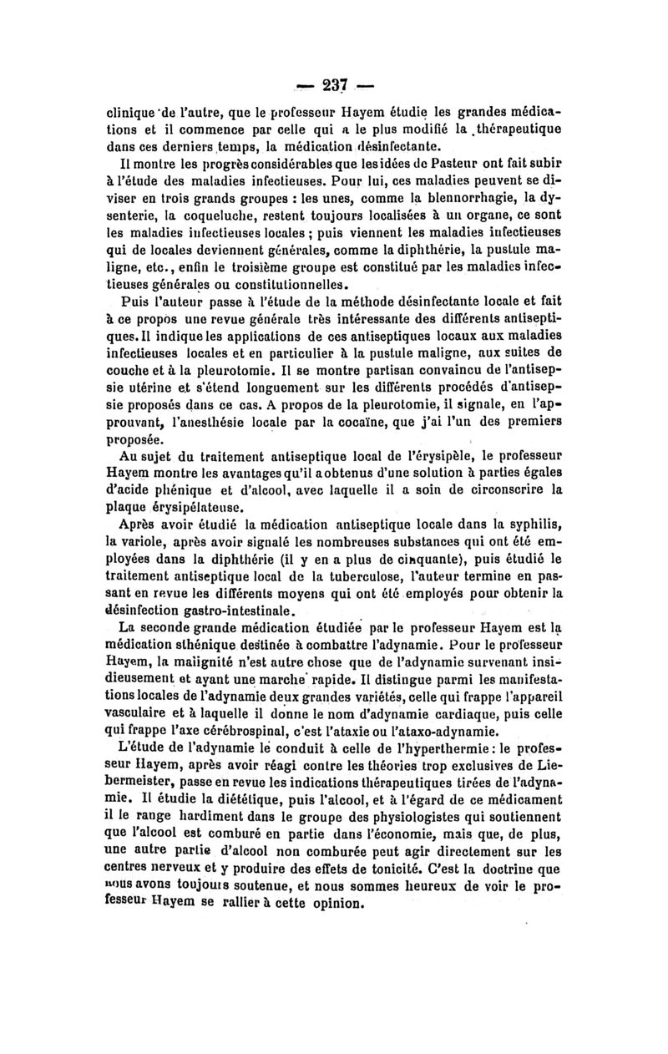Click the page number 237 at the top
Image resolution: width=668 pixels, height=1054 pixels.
pyautogui.click(x=334, y=84)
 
